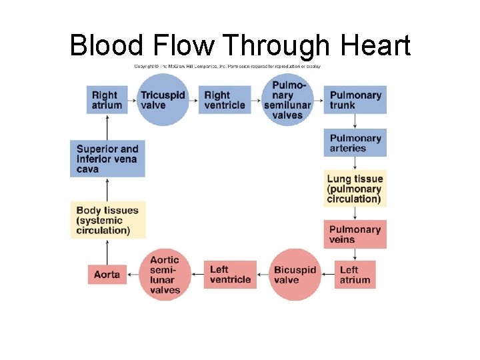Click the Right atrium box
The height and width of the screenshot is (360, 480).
click(107, 100)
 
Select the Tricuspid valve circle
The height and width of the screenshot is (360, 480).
click(163, 100)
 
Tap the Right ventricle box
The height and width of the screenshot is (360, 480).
click(225, 100)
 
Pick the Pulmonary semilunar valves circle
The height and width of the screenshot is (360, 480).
click(287, 100)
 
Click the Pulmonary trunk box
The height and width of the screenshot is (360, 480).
click(355, 100)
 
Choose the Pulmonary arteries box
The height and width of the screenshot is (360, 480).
click(355, 143)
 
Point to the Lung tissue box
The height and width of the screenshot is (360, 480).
click(355, 189)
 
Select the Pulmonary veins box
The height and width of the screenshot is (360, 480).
click(355, 234)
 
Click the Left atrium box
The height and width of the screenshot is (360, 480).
click(355, 275)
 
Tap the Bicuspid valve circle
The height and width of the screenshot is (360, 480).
click(295, 275)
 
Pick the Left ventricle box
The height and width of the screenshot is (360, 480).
click(230, 275)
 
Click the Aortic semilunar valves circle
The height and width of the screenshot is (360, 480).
click(165, 275)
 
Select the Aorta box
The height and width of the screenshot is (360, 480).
click(107, 275)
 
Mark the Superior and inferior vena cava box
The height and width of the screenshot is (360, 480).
click(107, 159)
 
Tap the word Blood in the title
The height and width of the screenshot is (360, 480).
click(106, 45)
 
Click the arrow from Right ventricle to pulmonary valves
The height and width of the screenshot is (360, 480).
click(257, 100)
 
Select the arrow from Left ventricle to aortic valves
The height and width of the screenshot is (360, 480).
click(197, 275)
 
